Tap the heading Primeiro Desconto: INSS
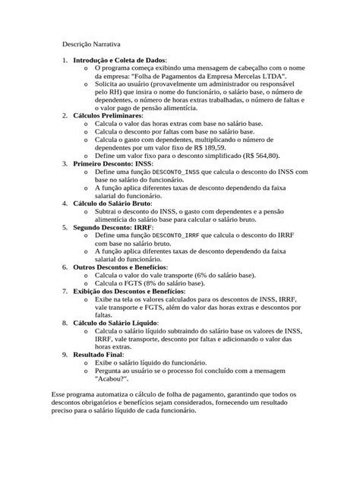point(112,163)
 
